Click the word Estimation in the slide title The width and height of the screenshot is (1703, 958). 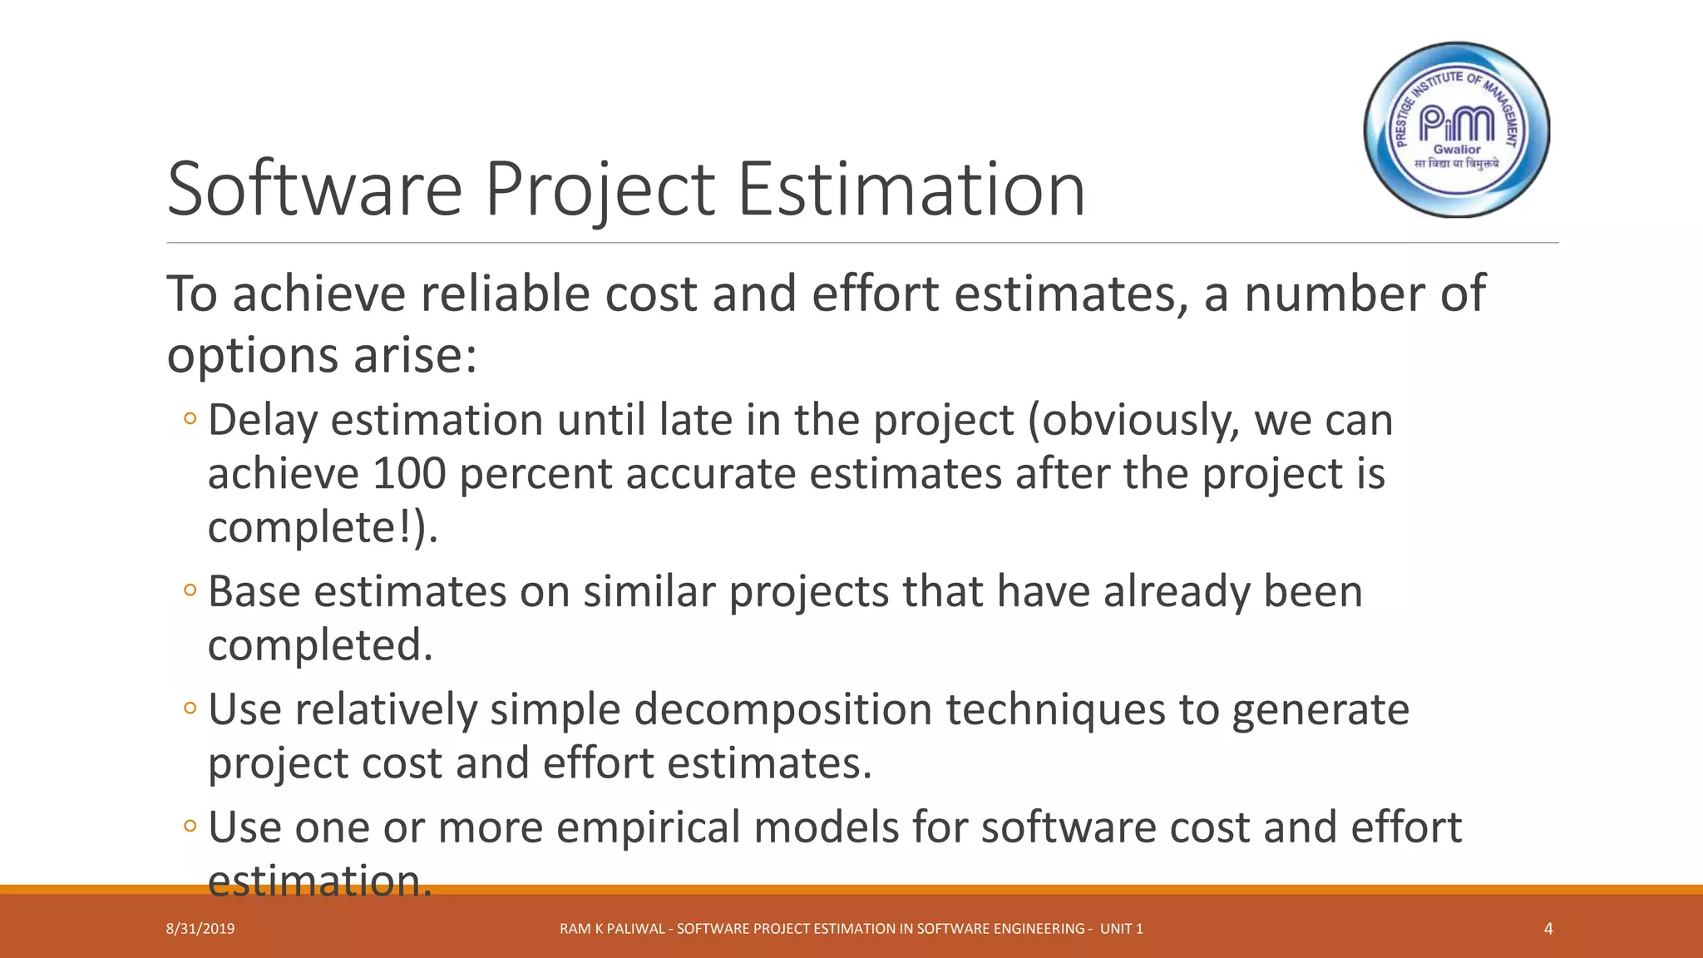(x=911, y=190)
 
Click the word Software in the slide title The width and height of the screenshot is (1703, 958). (x=314, y=190)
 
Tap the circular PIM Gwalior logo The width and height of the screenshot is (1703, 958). (x=1457, y=130)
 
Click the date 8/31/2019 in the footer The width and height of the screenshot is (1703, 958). (x=200, y=929)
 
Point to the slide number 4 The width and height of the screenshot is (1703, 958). (x=1548, y=929)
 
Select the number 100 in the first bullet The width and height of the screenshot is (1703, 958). (x=409, y=474)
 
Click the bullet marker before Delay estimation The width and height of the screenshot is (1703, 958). (x=190, y=419)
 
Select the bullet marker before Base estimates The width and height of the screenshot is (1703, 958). (x=190, y=591)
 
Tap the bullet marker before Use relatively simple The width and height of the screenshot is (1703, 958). (x=190, y=709)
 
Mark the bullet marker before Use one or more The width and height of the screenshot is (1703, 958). (x=190, y=827)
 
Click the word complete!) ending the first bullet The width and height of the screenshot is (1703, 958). (x=322, y=528)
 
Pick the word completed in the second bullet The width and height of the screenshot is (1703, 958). (x=320, y=645)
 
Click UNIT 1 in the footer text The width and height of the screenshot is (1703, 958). (x=1121, y=929)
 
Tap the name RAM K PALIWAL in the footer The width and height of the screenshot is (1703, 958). (x=612, y=929)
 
